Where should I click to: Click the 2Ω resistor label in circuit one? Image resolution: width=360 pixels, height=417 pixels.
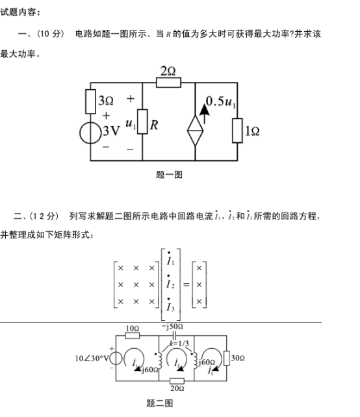tap(168, 71)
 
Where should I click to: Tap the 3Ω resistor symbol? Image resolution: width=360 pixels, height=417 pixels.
tap(90, 101)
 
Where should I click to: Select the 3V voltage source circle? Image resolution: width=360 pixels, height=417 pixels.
tap(90, 133)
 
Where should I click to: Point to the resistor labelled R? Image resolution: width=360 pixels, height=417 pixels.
tap(142, 121)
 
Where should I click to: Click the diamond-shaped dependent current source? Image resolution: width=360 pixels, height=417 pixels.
tap(195, 131)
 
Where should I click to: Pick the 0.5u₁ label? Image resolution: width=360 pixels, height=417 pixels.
tap(221, 102)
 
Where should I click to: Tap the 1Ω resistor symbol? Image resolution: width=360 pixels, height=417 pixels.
tap(237, 131)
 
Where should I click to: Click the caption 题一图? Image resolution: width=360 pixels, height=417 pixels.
tap(169, 175)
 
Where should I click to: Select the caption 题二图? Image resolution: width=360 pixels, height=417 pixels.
tap(160, 403)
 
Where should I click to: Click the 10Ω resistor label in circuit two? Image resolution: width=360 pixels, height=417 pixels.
tap(133, 329)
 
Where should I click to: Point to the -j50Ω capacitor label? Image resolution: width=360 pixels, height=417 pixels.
tap(172, 327)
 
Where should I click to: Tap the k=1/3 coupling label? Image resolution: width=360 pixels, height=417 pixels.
tap(179, 344)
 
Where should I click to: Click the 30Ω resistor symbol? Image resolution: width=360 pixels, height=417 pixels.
tap(227, 359)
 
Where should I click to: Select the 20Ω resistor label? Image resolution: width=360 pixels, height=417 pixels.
tap(177, 388)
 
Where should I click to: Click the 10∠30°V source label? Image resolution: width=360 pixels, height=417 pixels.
tap(92, 359)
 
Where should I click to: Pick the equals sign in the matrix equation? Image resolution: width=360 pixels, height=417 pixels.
tap(186, 285)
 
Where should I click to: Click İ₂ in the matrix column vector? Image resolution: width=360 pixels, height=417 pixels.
tap(170, 283)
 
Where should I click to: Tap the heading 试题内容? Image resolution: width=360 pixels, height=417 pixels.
tap(20, 12)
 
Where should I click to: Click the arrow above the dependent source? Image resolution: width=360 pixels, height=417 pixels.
tap(204, 114)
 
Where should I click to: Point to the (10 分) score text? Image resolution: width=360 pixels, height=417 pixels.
tap(51, 34)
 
